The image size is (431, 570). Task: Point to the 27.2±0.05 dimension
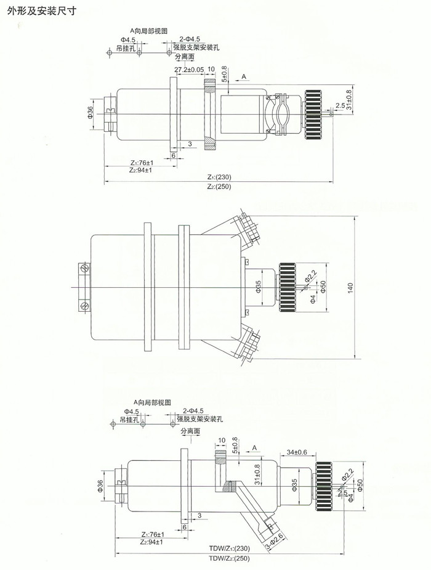pos(189,70)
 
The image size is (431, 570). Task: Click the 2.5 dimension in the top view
pos(340,105)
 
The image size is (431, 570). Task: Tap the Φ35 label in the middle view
pos(259,287)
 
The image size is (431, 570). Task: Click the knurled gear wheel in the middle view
pos(287,287)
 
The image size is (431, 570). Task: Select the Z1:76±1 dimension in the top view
pos(142,163)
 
